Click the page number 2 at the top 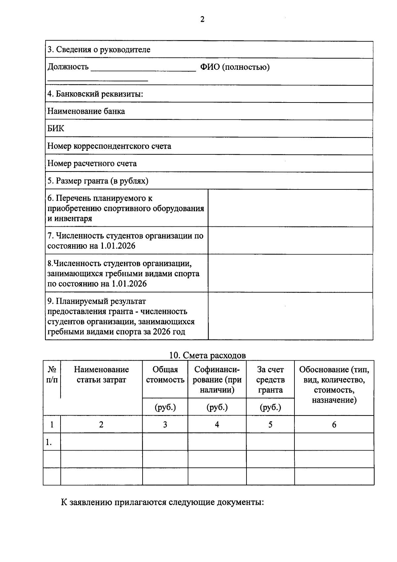pyautogui.click(x=202, y=20)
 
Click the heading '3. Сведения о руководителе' pyautogui.click(x=99, y=50)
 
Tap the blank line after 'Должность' pyautogui.click(x=143, y=68)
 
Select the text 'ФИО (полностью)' pyautogui.click(x=235, y=67)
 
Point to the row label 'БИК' pyautogui.click(x=56, y=129)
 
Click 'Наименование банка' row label pyautogui.click(x=86, y=111)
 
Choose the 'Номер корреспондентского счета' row pyautogui.click(x=109, y=146)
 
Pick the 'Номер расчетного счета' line pyautogui.click(x=92, y=163)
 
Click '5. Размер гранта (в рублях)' pyautogui.click(x=98, y=181)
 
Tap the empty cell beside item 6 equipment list pyautogui.click(x=290, y=208)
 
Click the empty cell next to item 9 pyautogui.click(x=290, y=316)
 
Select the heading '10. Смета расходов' pyautogui.click(x=207, y=355)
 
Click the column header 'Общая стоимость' pyautogui.click(x=165, y=375)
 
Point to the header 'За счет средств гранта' pyautogui.click(x=270, y=380)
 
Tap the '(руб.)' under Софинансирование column pyautogui.click(x=217, y=407)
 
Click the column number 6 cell pyautogui.click(x=334, y=424)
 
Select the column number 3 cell pyautogui.click(x=165, y=424)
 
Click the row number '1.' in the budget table pyautogui.click(x=49, y=442)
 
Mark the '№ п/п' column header pyautogui.click(x=52, y=375)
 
